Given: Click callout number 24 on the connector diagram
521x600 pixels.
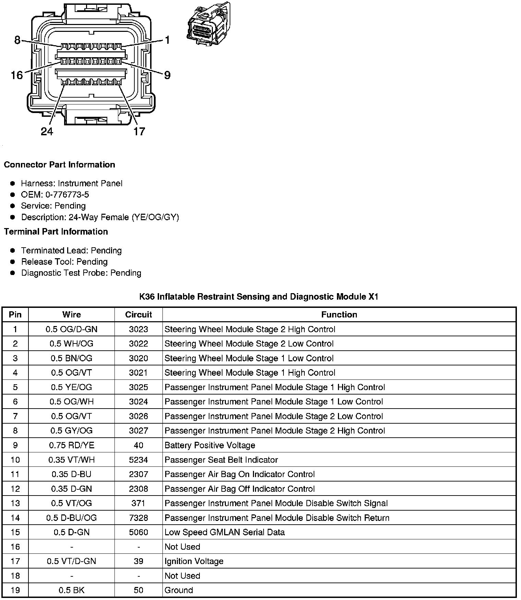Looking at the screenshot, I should (x=47, y=131).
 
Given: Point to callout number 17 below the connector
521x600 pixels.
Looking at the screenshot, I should (x=139, y=131).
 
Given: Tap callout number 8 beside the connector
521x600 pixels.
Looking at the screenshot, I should (x=17, y=40).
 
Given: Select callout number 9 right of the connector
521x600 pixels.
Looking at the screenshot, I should (x=167, y=75).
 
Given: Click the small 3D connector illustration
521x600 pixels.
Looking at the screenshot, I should (x=208, y=24).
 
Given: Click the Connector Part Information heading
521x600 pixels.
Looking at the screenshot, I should (x=59, y=165).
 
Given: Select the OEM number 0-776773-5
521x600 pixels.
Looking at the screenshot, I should (x=55, y=195).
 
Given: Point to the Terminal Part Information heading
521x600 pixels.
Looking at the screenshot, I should (x=56, y=232).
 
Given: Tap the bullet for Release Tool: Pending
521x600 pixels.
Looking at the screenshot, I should (x=13, y=262).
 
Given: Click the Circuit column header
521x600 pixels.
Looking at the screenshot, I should (x=138, y=315).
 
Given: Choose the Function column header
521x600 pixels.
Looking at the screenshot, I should (x=339, y=315).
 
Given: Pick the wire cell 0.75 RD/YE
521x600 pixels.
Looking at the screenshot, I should (x=72, y=445).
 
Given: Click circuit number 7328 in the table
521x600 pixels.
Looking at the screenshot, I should (x=138, y=518).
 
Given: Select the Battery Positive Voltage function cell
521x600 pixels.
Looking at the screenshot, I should (x=210, y=445).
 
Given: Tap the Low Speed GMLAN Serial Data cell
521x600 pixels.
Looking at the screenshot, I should (x=225, y=532).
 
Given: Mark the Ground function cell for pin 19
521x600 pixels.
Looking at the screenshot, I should (x=179, y=590).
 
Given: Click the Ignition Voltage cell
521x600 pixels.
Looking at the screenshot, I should (x=194, y=561).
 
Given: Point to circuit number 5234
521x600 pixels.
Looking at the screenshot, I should (x=138, y=460).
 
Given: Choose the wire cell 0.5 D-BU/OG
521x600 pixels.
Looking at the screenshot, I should (x=72, y=518).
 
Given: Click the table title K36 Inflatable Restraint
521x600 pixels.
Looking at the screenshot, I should (x=259, y=297).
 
